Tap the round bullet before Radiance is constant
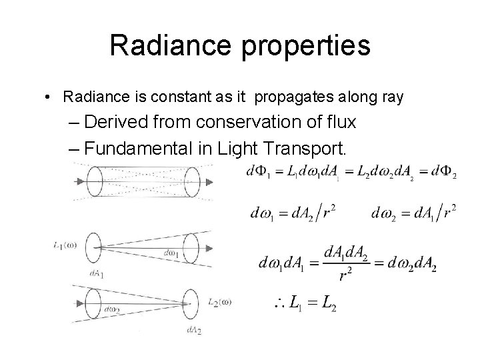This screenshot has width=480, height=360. pyautogui.click(x=49, y=97)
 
